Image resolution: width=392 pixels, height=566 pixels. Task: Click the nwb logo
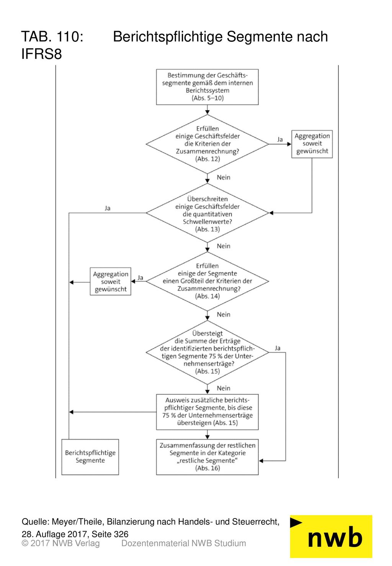pyautogui.click(x=331, y=537)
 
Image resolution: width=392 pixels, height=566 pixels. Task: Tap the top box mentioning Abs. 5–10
pyautogui.click(x=207, y=87)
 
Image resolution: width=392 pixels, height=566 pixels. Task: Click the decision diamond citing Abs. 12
pyautogui.click(x=207, y=144)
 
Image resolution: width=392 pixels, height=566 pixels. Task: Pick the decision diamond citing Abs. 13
pyautogui.click(x=207, y=213)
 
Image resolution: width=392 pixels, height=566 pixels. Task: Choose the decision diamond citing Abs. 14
pyautogui.click(x=207, y=281)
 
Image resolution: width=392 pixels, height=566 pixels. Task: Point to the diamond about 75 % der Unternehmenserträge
pyautogui.click(x=207, y=352)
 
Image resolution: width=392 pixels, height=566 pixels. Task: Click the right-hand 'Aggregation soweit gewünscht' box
pyautogui.click(x=312, y=144)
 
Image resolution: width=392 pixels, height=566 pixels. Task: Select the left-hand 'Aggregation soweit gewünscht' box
pyautogui.click(x=111, y=281)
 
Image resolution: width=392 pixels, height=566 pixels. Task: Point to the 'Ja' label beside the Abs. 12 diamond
pyautogui.click(x=280, y=139)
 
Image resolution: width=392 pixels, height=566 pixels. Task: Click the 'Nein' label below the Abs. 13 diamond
pyautogui.click(x=224, y=246)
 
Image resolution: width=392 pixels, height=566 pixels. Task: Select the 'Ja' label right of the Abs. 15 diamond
pyautogui.click(x=278, y=348)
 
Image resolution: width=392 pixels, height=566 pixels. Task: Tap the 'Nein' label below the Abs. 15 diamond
pyautogui.click(x=224, y=388)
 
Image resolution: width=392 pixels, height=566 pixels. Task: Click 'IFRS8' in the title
pyautogui.click(x=42, y=54)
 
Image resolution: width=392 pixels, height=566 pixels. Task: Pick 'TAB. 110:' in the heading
pyautogui.click(x=52, y=36)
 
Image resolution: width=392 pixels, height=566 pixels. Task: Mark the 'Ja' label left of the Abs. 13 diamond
pyautogui.click(x=108, y=208)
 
